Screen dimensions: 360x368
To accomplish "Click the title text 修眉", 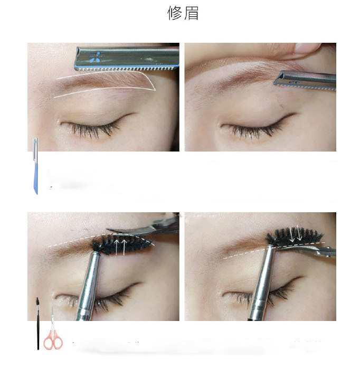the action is (x=183, y=13).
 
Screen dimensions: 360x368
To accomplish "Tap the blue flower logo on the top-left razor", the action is (x=96, y=57).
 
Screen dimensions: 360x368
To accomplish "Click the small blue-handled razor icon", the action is (x=36, y=166).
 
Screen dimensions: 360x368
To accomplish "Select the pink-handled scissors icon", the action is (x=53, y=331).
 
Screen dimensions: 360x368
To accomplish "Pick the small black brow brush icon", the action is (x=38, y=324).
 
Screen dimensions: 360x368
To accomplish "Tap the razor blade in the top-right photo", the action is (x=306, y=81).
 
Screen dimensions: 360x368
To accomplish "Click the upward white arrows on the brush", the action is (x=120, y=247).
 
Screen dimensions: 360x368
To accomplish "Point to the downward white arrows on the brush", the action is (x=295, y=233).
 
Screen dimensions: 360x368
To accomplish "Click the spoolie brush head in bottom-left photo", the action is (x=121, y=245).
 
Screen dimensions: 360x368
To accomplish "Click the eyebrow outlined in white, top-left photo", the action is (x=103, y=82).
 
